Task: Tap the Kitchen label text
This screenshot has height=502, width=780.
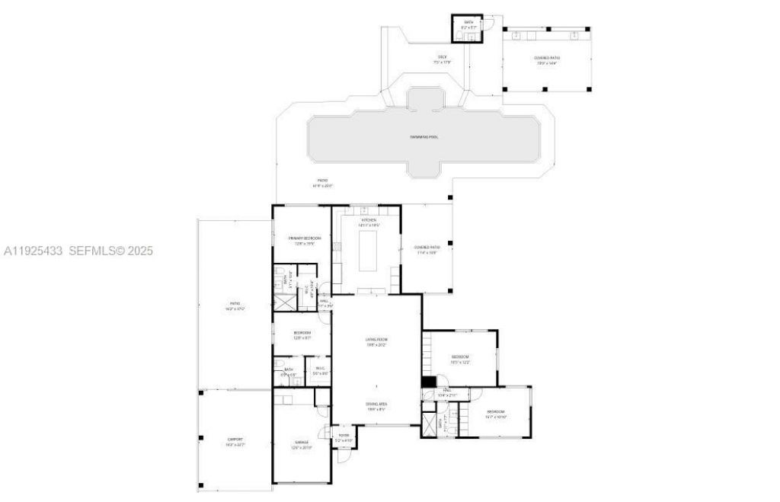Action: (369, 220)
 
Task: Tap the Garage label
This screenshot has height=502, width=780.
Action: (302, 442)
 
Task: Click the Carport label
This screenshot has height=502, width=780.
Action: (235, 440)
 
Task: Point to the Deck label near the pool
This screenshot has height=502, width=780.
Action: (442, 57)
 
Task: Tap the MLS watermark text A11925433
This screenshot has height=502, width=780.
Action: (34, 251)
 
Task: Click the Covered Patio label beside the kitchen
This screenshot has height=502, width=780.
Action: (427, 248)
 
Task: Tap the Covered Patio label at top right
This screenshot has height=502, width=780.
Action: (547, 58)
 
